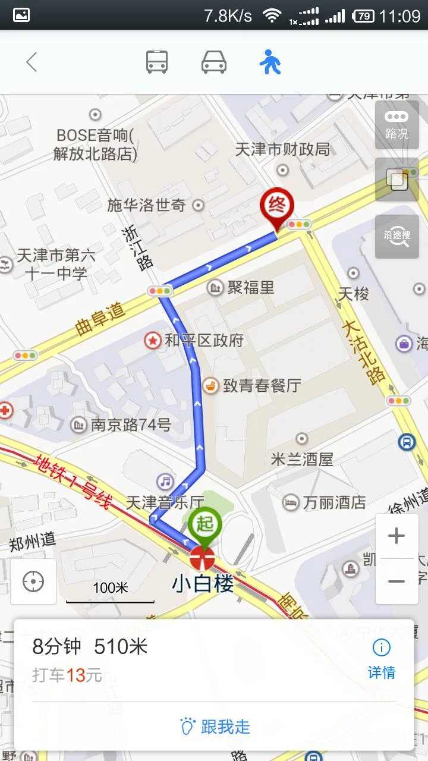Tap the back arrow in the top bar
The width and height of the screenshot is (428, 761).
(x=32, y=62)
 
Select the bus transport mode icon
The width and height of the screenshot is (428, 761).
(x=157, y=62)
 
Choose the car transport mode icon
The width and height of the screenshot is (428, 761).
(x=214, y=62)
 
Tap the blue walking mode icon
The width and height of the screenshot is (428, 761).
(x=270, y=62)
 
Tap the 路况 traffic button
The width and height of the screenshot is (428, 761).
(x=396, y=125)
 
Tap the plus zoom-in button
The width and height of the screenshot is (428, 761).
(x=396, y=536)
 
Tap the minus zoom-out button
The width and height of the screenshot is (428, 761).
(x=396, y=581)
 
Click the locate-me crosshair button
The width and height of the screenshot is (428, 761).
(x=33, y=581)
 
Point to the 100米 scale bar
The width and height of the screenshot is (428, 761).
(x=110, y=592)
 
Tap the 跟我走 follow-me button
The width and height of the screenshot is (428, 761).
(x=215, y=727)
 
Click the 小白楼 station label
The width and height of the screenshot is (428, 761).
(x=203, y=584)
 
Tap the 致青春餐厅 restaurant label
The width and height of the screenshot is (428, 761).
(x=262, y=385)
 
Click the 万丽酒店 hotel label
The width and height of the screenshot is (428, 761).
(x=334, y=502)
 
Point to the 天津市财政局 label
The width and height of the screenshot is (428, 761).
(x=282, y=149)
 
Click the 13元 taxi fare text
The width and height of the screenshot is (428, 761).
(x=84, y=675)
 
